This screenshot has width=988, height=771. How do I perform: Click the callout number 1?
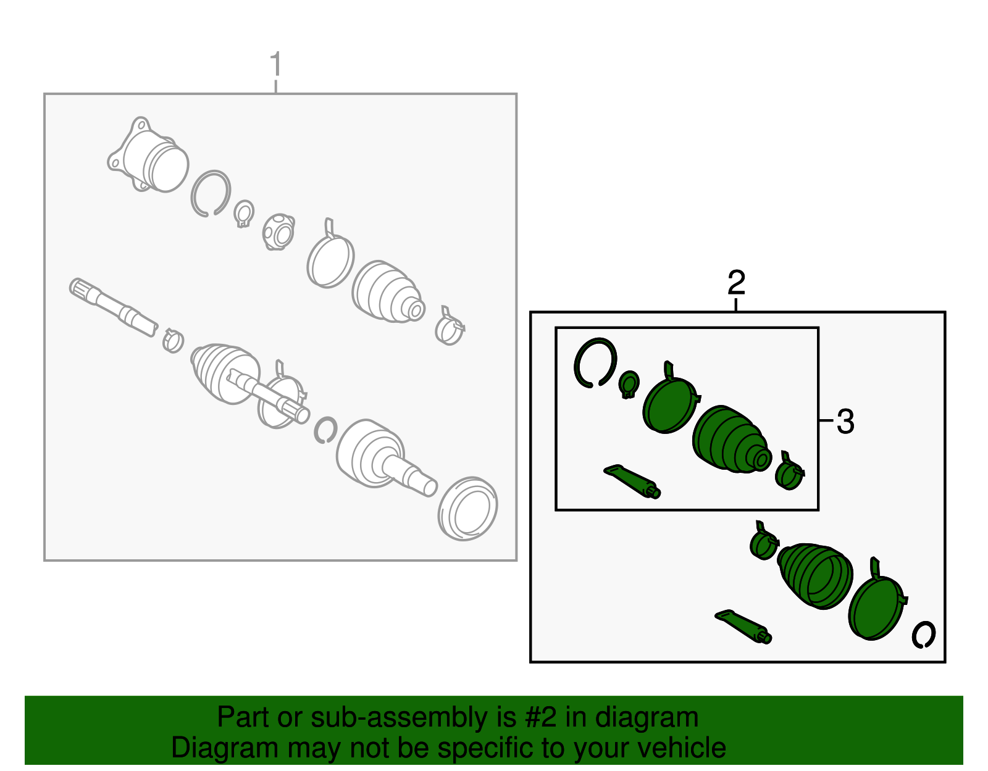point(276,64)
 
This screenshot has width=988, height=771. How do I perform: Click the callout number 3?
point(845,422)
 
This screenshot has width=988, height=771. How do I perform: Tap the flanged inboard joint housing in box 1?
point(148,156)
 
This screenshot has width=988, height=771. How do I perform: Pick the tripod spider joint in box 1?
point(278,231)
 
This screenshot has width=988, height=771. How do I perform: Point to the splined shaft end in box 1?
point(113,307)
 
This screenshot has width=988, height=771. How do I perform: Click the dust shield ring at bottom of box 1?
point(467,509)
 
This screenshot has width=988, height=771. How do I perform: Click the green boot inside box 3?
point(731,439)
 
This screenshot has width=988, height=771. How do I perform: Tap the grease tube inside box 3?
point(632,481)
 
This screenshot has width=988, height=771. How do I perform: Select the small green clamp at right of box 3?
point(789,472)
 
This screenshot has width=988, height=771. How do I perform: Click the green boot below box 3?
point(814,576)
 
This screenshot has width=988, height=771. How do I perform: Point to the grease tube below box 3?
point(743,627)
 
